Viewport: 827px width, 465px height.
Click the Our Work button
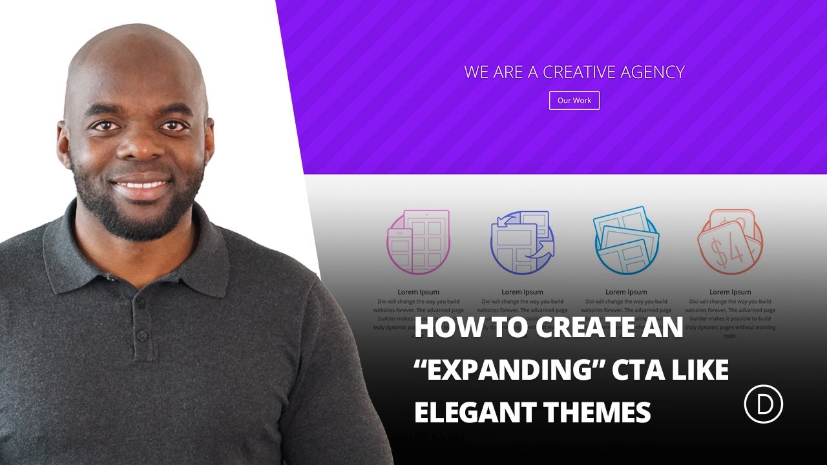click(574, 101)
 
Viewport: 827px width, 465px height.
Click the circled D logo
click(763, 406)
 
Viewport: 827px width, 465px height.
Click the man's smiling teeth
click(141, 185)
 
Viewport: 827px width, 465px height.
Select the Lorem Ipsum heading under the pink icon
click(418, 292)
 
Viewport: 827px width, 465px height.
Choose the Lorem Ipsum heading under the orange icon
click(730, 292)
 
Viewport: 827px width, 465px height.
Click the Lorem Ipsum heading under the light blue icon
click(626, 292)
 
